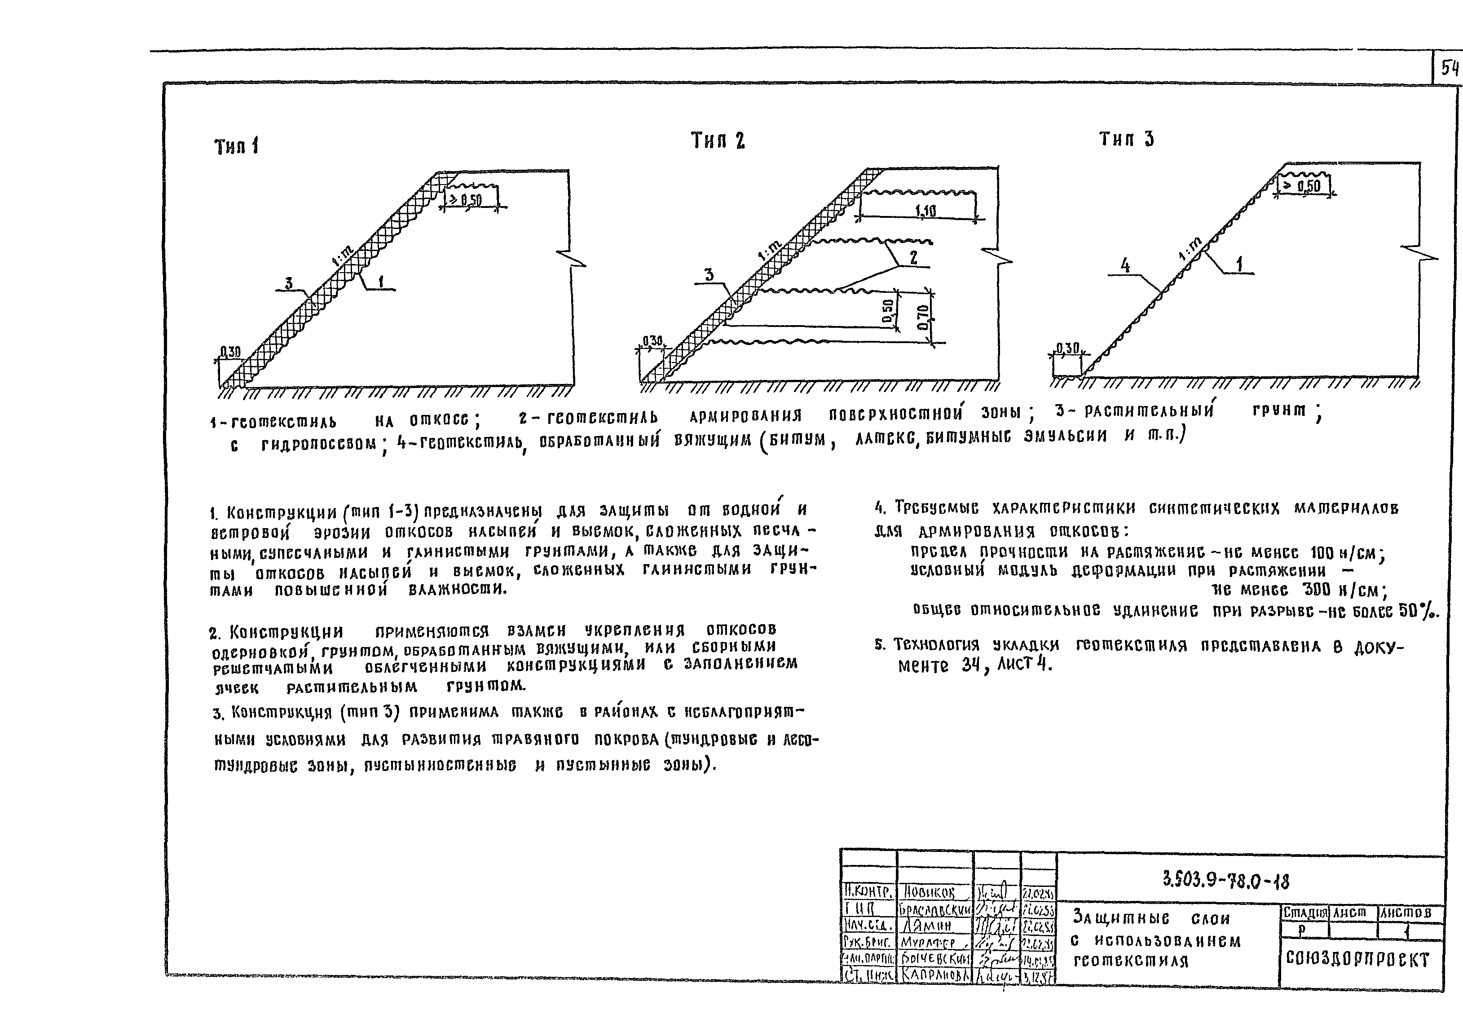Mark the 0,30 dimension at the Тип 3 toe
tap(1067, 348)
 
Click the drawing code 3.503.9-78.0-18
tap(1226, 882)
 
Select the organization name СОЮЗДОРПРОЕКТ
tap(1357, 960)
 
